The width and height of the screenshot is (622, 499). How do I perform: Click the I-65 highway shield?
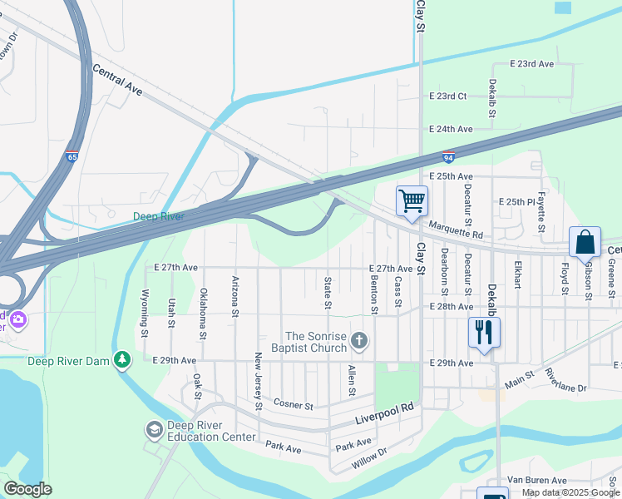(73, 156)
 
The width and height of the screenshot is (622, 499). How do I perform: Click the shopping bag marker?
(585, 242)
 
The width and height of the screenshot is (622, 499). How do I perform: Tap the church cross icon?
(359, 340)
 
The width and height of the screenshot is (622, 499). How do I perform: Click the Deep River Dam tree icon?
(123, 359)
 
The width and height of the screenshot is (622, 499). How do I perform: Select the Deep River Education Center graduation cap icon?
(154, 429)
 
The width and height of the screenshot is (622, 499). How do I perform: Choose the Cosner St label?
(294, 405)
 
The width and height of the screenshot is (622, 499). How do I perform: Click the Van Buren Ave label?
(537, 480)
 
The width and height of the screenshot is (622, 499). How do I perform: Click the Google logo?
(27, 489)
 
